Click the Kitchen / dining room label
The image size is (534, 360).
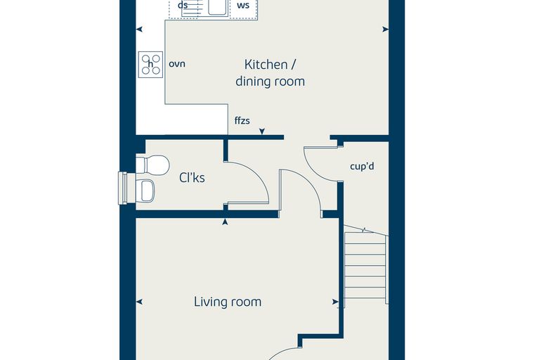pyautogui.click(x=270, y=72)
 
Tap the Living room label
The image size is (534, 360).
pyautogui.click(x=228, y=302)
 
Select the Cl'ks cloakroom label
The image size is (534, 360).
pyautogui.click(x=192, y=178)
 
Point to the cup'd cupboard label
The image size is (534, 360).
pyautogui.click(x=362, y=167)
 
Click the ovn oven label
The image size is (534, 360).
pyautogui.click(x=177, y=64)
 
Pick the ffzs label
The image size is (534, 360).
pyautogui.click(x=242, y=120)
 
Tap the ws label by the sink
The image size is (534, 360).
pyautogui.click(x=243, y=5)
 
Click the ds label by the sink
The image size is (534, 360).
pyautogui.click(x=183, y=5)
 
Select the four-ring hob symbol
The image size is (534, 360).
pyautogui.click(x=150, y=65)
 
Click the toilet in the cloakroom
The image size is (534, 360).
pyautogui.click(x=153, y=165)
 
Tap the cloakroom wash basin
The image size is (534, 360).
pyautogui.click(x=145, y=191)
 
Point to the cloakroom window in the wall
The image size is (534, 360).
pyautogui.click(x=122, y=188)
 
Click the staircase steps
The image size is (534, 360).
pyautogui.click(x=365, y=266)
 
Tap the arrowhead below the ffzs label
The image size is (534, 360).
pyautogui.click(x=262, y=131)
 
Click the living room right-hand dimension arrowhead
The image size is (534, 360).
pyautogui.click(x=335, y=302)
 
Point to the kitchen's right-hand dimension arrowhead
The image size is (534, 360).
pyautogui.click(x=386, y=30)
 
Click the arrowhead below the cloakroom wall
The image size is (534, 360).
pyautogui.click(x=225, y=222)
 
